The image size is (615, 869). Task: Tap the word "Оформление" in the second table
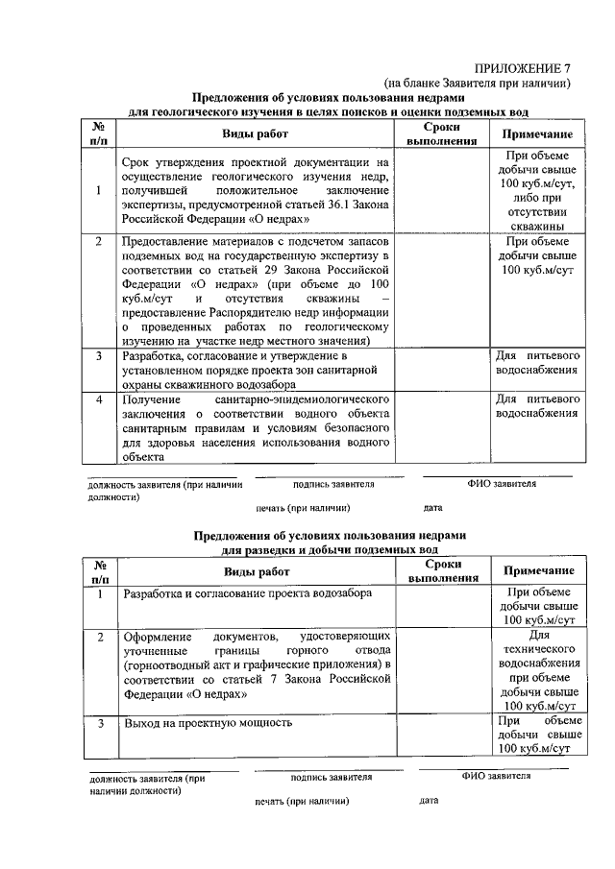159,636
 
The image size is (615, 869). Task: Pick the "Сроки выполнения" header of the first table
442,133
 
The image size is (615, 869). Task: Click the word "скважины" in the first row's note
538,226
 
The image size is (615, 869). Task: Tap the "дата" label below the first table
432,507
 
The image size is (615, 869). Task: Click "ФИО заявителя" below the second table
496,775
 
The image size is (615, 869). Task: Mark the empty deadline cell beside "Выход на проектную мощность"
442,735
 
